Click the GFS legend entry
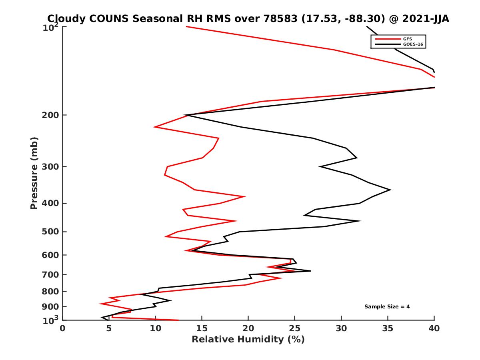coord(408,39)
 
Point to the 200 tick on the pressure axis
coord(50,115)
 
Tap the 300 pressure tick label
coord(50,166)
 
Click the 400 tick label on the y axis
coord(50,203)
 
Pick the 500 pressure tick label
coord(50,232)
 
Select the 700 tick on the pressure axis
coord(50,274)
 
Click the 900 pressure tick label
coord(50,307)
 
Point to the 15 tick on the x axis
coord(202,328)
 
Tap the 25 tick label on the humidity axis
coord(295,328)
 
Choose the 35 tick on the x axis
coord(388,328)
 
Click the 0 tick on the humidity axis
coord(63,328)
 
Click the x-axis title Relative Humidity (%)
coord(248,340)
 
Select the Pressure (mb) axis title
coord(34,173)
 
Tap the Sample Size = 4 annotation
coord(387,307)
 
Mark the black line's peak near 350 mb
coord(390,190)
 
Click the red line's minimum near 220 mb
coord(154,127)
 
